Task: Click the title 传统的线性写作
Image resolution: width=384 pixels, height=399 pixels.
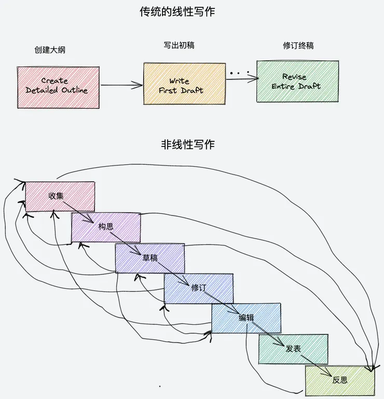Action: point(177,11)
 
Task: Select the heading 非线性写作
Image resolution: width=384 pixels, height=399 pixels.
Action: point(187,145)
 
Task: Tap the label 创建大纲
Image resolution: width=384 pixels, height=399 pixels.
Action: point(50,50)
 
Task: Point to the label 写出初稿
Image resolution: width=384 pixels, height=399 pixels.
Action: point(175,45)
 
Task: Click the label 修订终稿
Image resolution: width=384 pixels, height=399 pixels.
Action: point(298,46)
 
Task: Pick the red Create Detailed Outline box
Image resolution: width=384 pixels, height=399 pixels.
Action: point(58,87)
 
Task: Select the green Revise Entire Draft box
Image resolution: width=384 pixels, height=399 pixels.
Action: point(297,82)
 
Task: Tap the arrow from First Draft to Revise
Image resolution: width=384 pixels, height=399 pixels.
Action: point(242,79)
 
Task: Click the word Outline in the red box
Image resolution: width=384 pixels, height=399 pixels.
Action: point(73,90)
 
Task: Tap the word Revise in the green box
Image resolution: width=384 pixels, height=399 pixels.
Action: point(294,77)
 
